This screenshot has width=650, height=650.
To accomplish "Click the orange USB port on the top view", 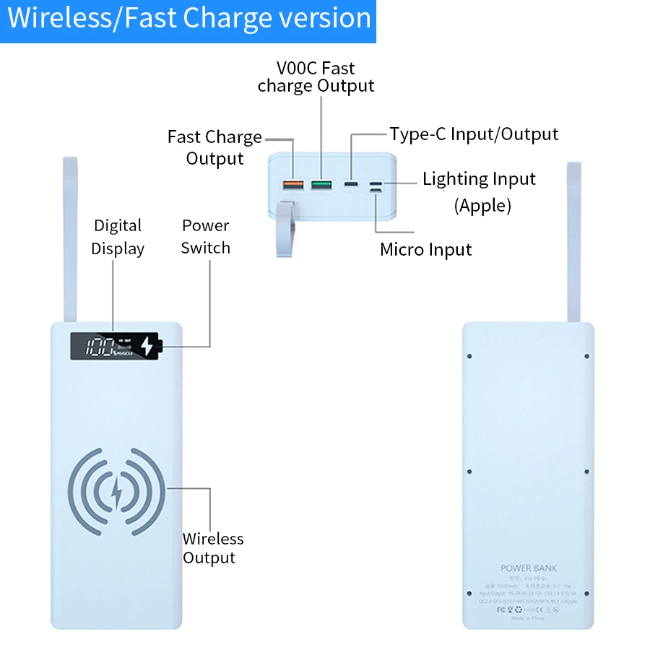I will click(x=292, y=186).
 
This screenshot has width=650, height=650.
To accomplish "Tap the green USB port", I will click(x=321, y=186).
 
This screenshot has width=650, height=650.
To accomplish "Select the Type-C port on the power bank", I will click(x=352, y=185).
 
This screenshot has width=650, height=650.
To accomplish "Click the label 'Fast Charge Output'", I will click(x=214, y=147).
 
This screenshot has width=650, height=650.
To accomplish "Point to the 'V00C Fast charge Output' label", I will click(x=316, y=77).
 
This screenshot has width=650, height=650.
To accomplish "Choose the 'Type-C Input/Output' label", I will click(x=474, y=134).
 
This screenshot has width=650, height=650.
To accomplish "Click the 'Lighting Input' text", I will click(x=479, y=178).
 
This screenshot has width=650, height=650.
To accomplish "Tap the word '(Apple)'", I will click(x=482, y=206).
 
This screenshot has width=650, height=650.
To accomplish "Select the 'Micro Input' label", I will click(x=425, y=250).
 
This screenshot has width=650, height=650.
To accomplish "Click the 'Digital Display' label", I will click(x=118, y=237).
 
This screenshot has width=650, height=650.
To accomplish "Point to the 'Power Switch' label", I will click(x=206, y=237).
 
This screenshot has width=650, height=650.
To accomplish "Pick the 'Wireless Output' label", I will click(x=212, y=548).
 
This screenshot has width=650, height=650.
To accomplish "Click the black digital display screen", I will click(x=114, y=347).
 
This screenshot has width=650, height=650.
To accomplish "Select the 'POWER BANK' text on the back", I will click(x=529, y=568).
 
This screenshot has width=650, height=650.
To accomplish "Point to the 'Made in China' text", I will click(x=529, y=618).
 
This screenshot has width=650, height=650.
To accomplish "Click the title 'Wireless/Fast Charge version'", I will click(x=188, y=18).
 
